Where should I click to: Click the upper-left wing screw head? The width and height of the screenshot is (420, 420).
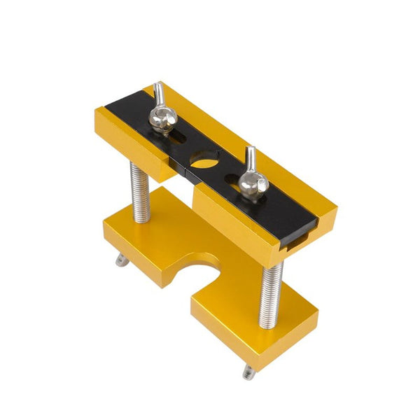point(162,120)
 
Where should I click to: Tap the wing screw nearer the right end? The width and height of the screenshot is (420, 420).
point(253,185)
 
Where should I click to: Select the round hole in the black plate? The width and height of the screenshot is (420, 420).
point(204,162)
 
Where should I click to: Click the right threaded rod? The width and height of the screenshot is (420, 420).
point(270,294)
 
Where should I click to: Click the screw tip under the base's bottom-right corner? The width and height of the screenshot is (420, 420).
point(248,373)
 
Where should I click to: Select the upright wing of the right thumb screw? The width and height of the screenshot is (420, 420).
point(251,158)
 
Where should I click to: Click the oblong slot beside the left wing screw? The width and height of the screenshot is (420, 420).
point(176,137)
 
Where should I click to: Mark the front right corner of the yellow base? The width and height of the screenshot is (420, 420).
point(253,365)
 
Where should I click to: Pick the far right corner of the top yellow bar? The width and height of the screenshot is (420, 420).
point(337,208)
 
